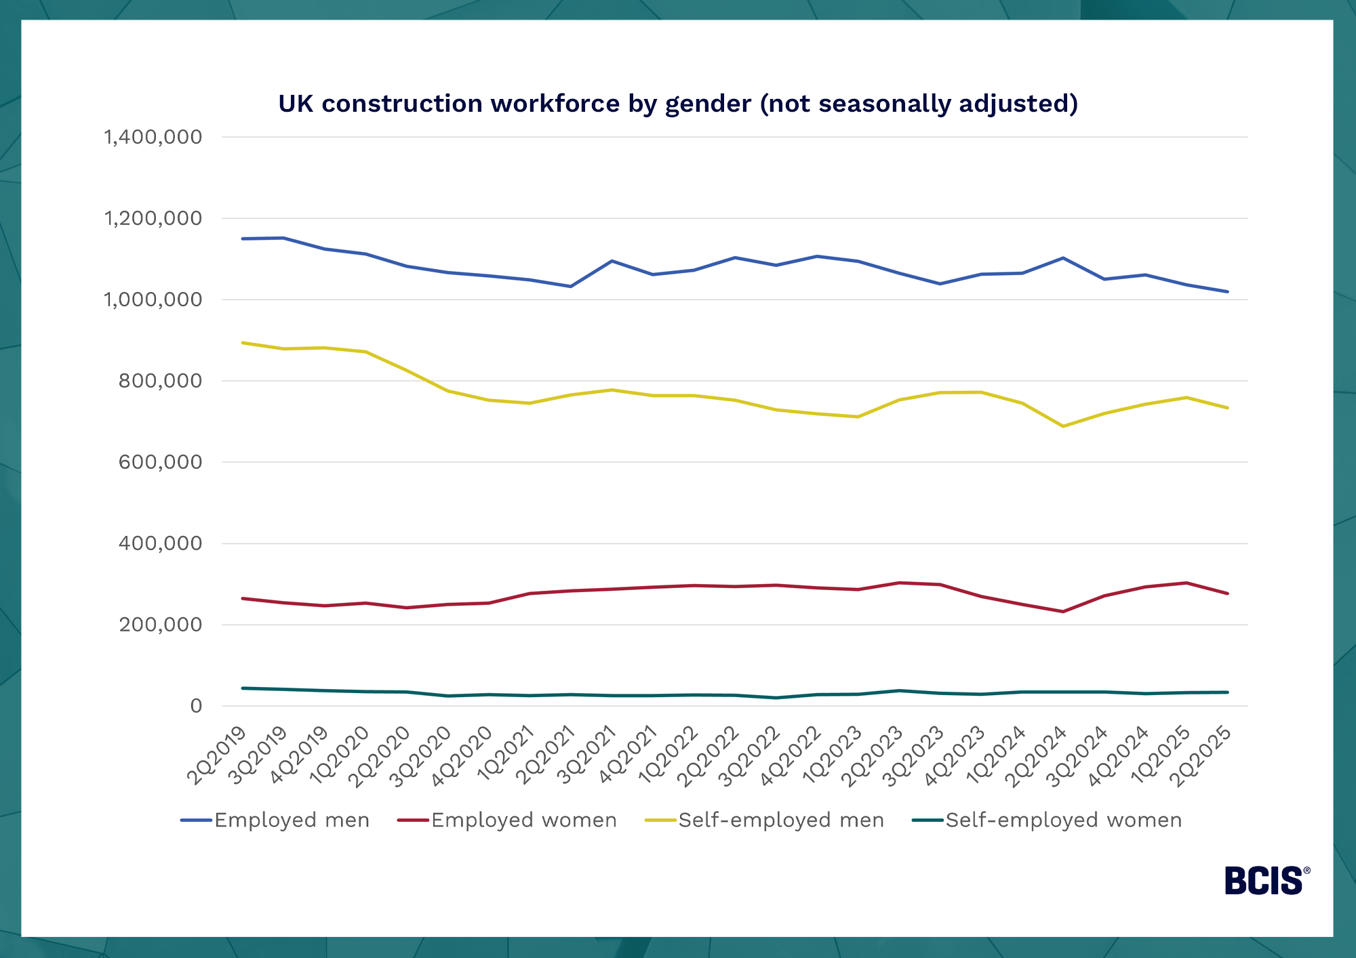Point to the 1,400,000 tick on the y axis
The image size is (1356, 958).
[x=153, y=137]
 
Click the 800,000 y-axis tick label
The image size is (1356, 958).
[x=161, y=381]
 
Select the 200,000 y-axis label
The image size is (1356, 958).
[x=161, y=625]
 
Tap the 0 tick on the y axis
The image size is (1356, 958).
[x=196, y=706]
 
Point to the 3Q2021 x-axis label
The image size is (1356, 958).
[x=586, y=755]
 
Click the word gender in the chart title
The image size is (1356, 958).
[x=708, y=104]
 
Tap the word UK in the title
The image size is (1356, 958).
[x=296, y=104]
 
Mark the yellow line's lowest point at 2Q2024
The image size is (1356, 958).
[x=1063, y=426]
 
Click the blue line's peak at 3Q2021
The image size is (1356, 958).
[x=612, y=261]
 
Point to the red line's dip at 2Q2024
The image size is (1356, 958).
[x=1063, y=612]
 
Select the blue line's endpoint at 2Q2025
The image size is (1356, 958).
[x=1227, y=292]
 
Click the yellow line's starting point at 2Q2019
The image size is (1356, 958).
[x=243, y=343]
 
